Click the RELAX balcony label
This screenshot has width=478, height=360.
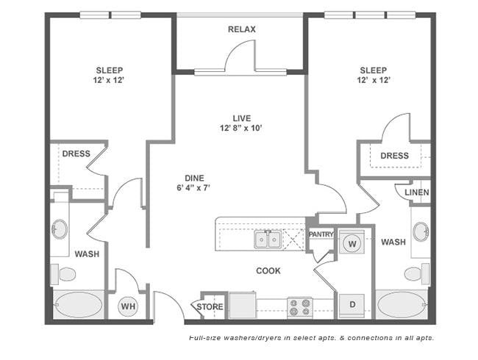pyautogui.click(x=242, y=29)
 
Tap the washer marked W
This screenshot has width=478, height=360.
pyautogui.click(x=352, y=242)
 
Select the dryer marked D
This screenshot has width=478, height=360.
pyautogui.click(x=352, y=305)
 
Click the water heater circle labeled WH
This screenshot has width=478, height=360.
pyautogui.click(x=128, y=306)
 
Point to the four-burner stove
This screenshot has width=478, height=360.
pyautogui.click(x=300, y=307)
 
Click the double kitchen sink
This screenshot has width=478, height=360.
pyautogui.click(x=268, y=240)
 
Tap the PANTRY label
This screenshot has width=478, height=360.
pyautogui.click(x=321, y=234)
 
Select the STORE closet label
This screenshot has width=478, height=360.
pyautogui.click(x=210, y=306)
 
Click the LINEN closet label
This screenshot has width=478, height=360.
pyautogui.click(x=417, y=192)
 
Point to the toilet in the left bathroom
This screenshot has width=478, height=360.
pyautogui.click(x=63, y=274)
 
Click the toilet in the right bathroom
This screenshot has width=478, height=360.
pyautogui.click(x=417, y=273)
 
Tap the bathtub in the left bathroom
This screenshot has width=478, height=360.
pyautogui.click(x=79, y=305)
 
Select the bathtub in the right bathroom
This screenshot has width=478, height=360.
pyautogui.click(x=402, y=304)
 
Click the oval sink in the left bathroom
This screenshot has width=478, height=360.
pyautogui.click(x=60, y=229)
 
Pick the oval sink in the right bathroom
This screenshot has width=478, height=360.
pyautogui.click(x=421, y=231)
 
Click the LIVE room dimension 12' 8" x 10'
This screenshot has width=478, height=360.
pyautogui.click(x=241, y=128)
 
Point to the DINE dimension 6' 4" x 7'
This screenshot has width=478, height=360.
pyautogui.click(x=194, y=187)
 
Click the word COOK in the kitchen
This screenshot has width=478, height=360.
pyautogui.click(x=268, y=271)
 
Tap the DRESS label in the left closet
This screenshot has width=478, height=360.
pyautogui.click(x=76, y=154)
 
